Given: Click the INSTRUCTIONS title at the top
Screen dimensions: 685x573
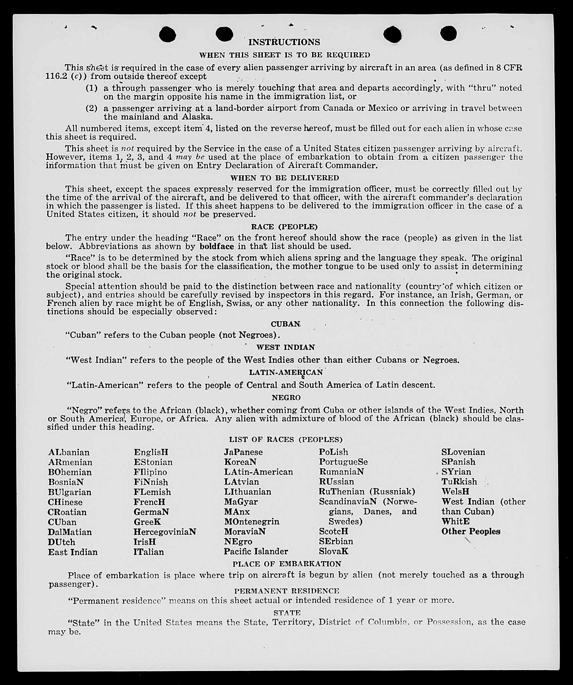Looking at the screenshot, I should click(284, 42).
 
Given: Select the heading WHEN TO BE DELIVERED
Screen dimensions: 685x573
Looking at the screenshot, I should click(285, 178).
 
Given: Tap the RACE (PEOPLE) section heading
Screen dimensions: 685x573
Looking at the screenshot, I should click(284, 227).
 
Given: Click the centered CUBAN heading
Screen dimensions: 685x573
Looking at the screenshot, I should click(286, 324).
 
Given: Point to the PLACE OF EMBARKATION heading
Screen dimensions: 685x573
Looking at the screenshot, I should click(287, 564).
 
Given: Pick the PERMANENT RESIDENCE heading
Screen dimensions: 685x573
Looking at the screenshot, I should click(286, 591).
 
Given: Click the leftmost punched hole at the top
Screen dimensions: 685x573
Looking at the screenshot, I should click(167, 34).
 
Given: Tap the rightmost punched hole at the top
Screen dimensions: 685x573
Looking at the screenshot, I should click(448, 34).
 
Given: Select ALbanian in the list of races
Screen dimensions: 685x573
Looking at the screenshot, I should click(69, 452).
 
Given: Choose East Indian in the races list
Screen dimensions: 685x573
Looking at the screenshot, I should click(73, 552).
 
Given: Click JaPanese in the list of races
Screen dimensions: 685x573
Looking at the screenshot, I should click(243, 452).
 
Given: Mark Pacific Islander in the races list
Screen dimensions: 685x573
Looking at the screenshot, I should click(256, 552).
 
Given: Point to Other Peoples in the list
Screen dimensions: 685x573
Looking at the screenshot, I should click(471, 532).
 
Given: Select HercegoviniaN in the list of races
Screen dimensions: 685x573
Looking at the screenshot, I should click(165, 532).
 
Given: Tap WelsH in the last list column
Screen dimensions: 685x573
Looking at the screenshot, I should click(455, 492).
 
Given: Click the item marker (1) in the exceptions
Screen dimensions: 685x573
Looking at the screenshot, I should click(92, 88).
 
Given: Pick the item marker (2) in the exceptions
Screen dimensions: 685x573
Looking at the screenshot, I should click(92, 108).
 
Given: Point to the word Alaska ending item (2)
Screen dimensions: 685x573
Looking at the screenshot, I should click(197, 117).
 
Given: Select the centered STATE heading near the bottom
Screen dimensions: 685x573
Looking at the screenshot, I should click(287, 612).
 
